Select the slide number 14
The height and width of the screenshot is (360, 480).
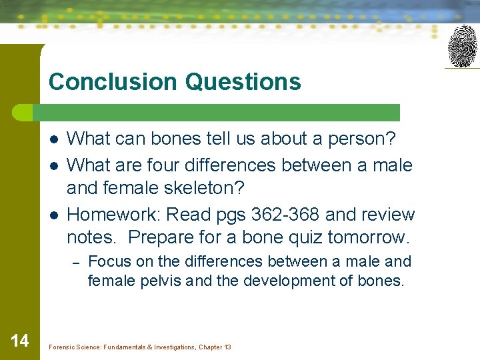(20, 341)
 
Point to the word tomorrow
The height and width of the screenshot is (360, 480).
(378, 237)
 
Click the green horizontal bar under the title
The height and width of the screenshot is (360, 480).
(220, 113)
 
